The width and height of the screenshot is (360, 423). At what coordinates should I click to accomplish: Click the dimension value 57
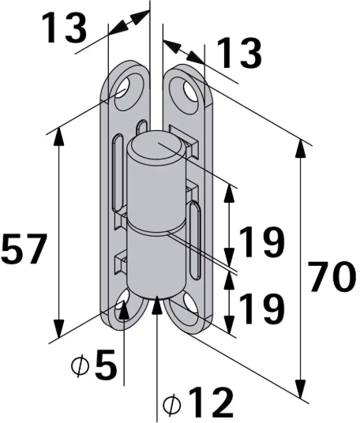25,250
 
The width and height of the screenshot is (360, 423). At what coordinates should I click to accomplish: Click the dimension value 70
331,278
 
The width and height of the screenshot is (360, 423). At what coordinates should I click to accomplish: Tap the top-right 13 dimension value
238,55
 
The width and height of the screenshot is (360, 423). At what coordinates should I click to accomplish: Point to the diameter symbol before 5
77,367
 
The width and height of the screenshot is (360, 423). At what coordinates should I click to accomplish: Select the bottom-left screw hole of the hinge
124,309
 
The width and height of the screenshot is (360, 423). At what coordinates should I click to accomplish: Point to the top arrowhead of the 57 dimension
58,135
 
